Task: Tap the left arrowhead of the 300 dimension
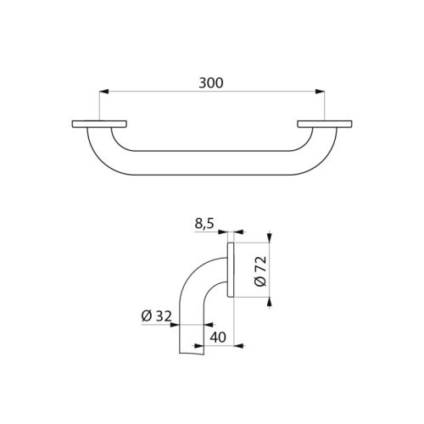[103, 92]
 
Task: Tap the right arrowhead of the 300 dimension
[321, 92]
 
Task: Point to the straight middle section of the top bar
[212, 165]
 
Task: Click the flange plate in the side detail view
[230, 271]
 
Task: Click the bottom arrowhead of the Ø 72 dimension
[270, 300]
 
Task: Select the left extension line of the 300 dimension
[99, 106]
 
